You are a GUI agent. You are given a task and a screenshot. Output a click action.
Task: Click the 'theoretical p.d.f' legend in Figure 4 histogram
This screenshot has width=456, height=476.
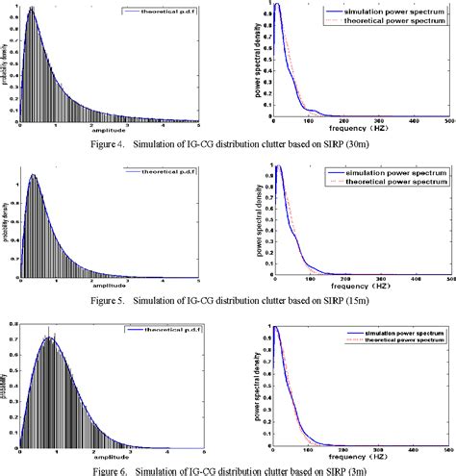167,13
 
